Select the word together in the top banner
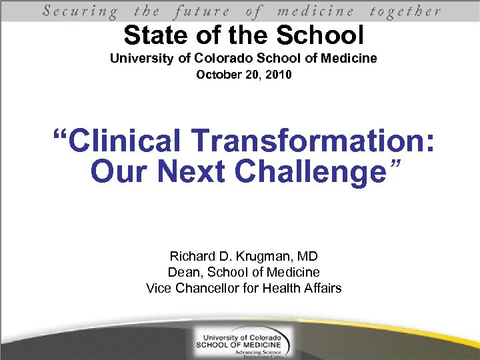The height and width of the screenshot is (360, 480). click(405, 11)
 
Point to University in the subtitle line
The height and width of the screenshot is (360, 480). click(142, 59)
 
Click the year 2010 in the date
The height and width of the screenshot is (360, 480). click(277, 75)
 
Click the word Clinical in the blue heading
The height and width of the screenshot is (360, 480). click(126, 141)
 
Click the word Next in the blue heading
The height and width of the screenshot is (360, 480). click(195, 171)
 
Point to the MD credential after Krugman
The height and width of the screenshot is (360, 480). click(307, 256)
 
